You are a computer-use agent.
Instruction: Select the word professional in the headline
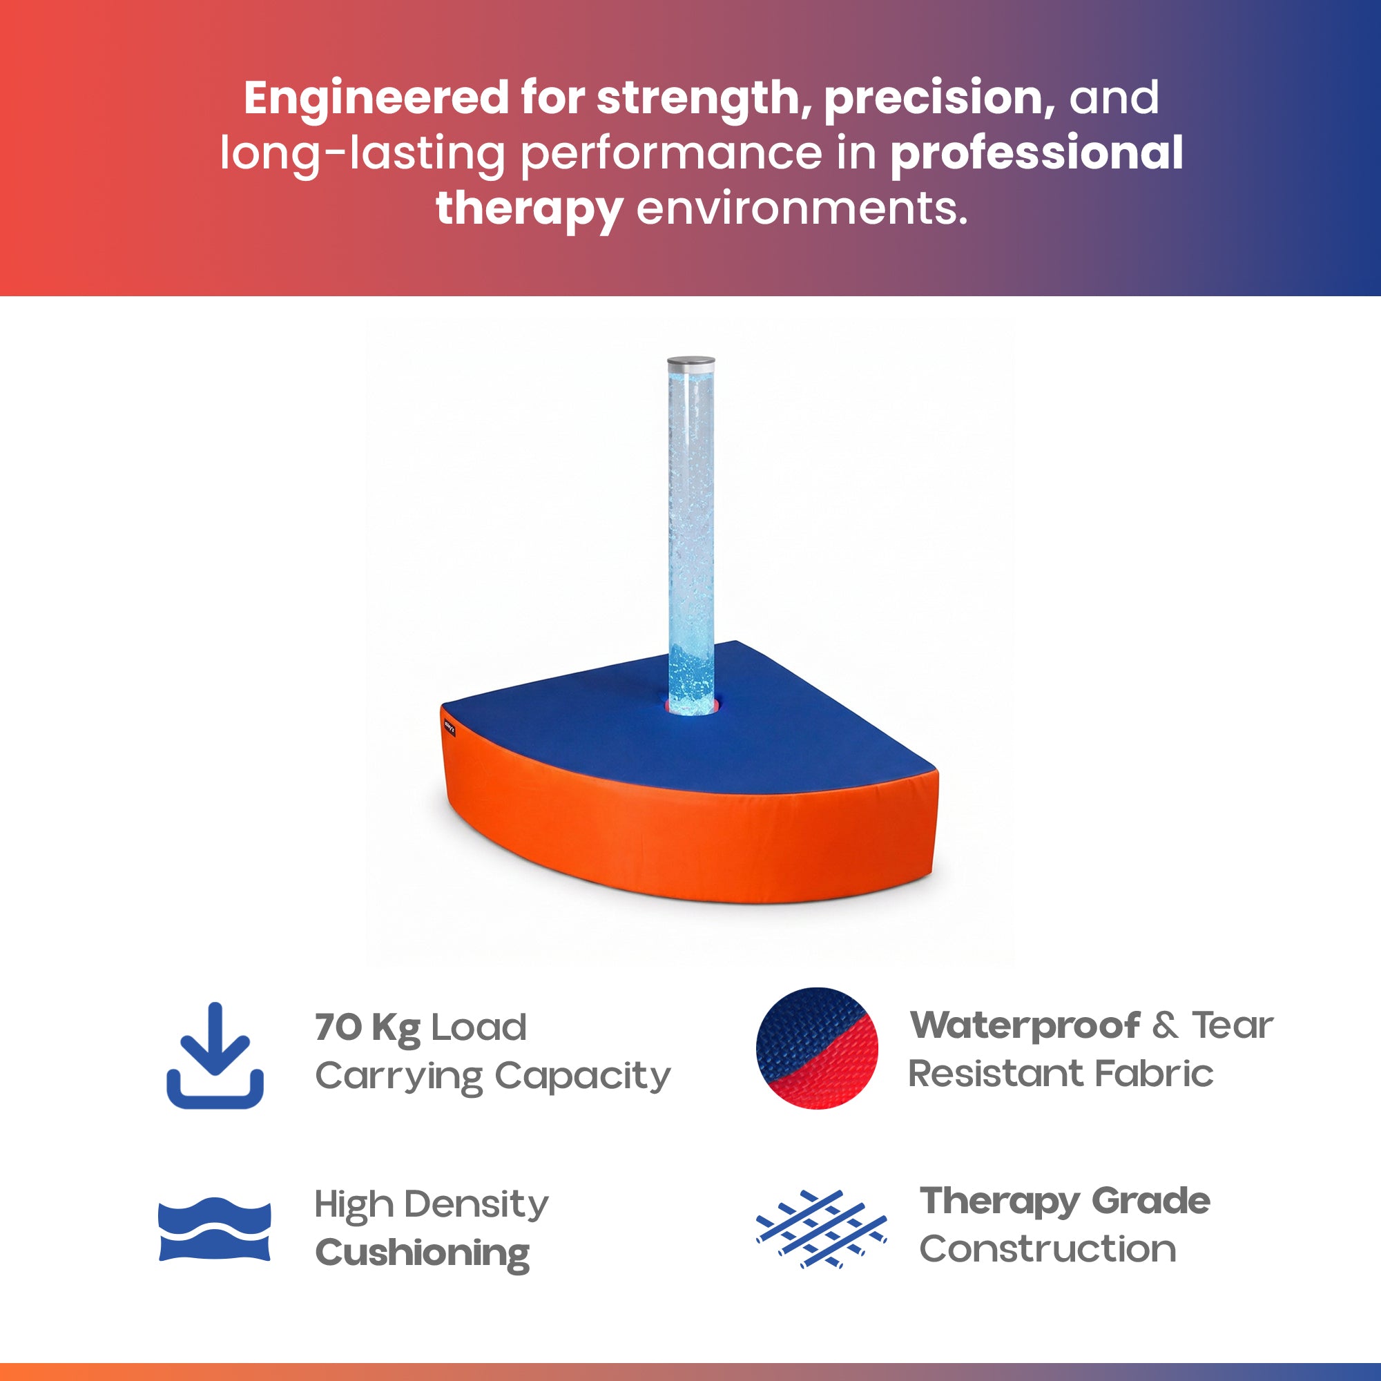(x=1036, y=155)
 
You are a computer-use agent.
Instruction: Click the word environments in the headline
(x=801, y=209)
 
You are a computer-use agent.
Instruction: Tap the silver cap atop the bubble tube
(x=690, y=363)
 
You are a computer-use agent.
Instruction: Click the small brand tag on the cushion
(x=449, y=728)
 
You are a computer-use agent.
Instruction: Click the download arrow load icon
(x=215, y=1055)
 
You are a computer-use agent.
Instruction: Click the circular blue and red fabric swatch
(x=817, y=1048)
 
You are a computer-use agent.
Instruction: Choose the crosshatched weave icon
(x=821, y=1229)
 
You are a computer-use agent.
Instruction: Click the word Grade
(x=1151, y=1201)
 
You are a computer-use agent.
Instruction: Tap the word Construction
(x=1048, y=1250)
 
